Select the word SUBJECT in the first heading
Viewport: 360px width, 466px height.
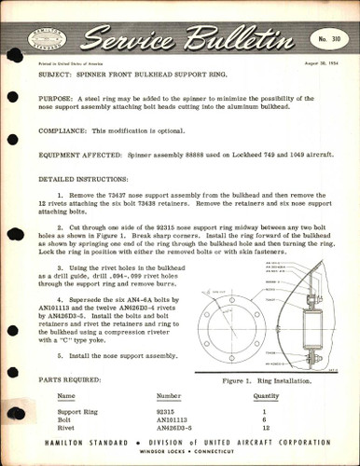click(x=59, y=71)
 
